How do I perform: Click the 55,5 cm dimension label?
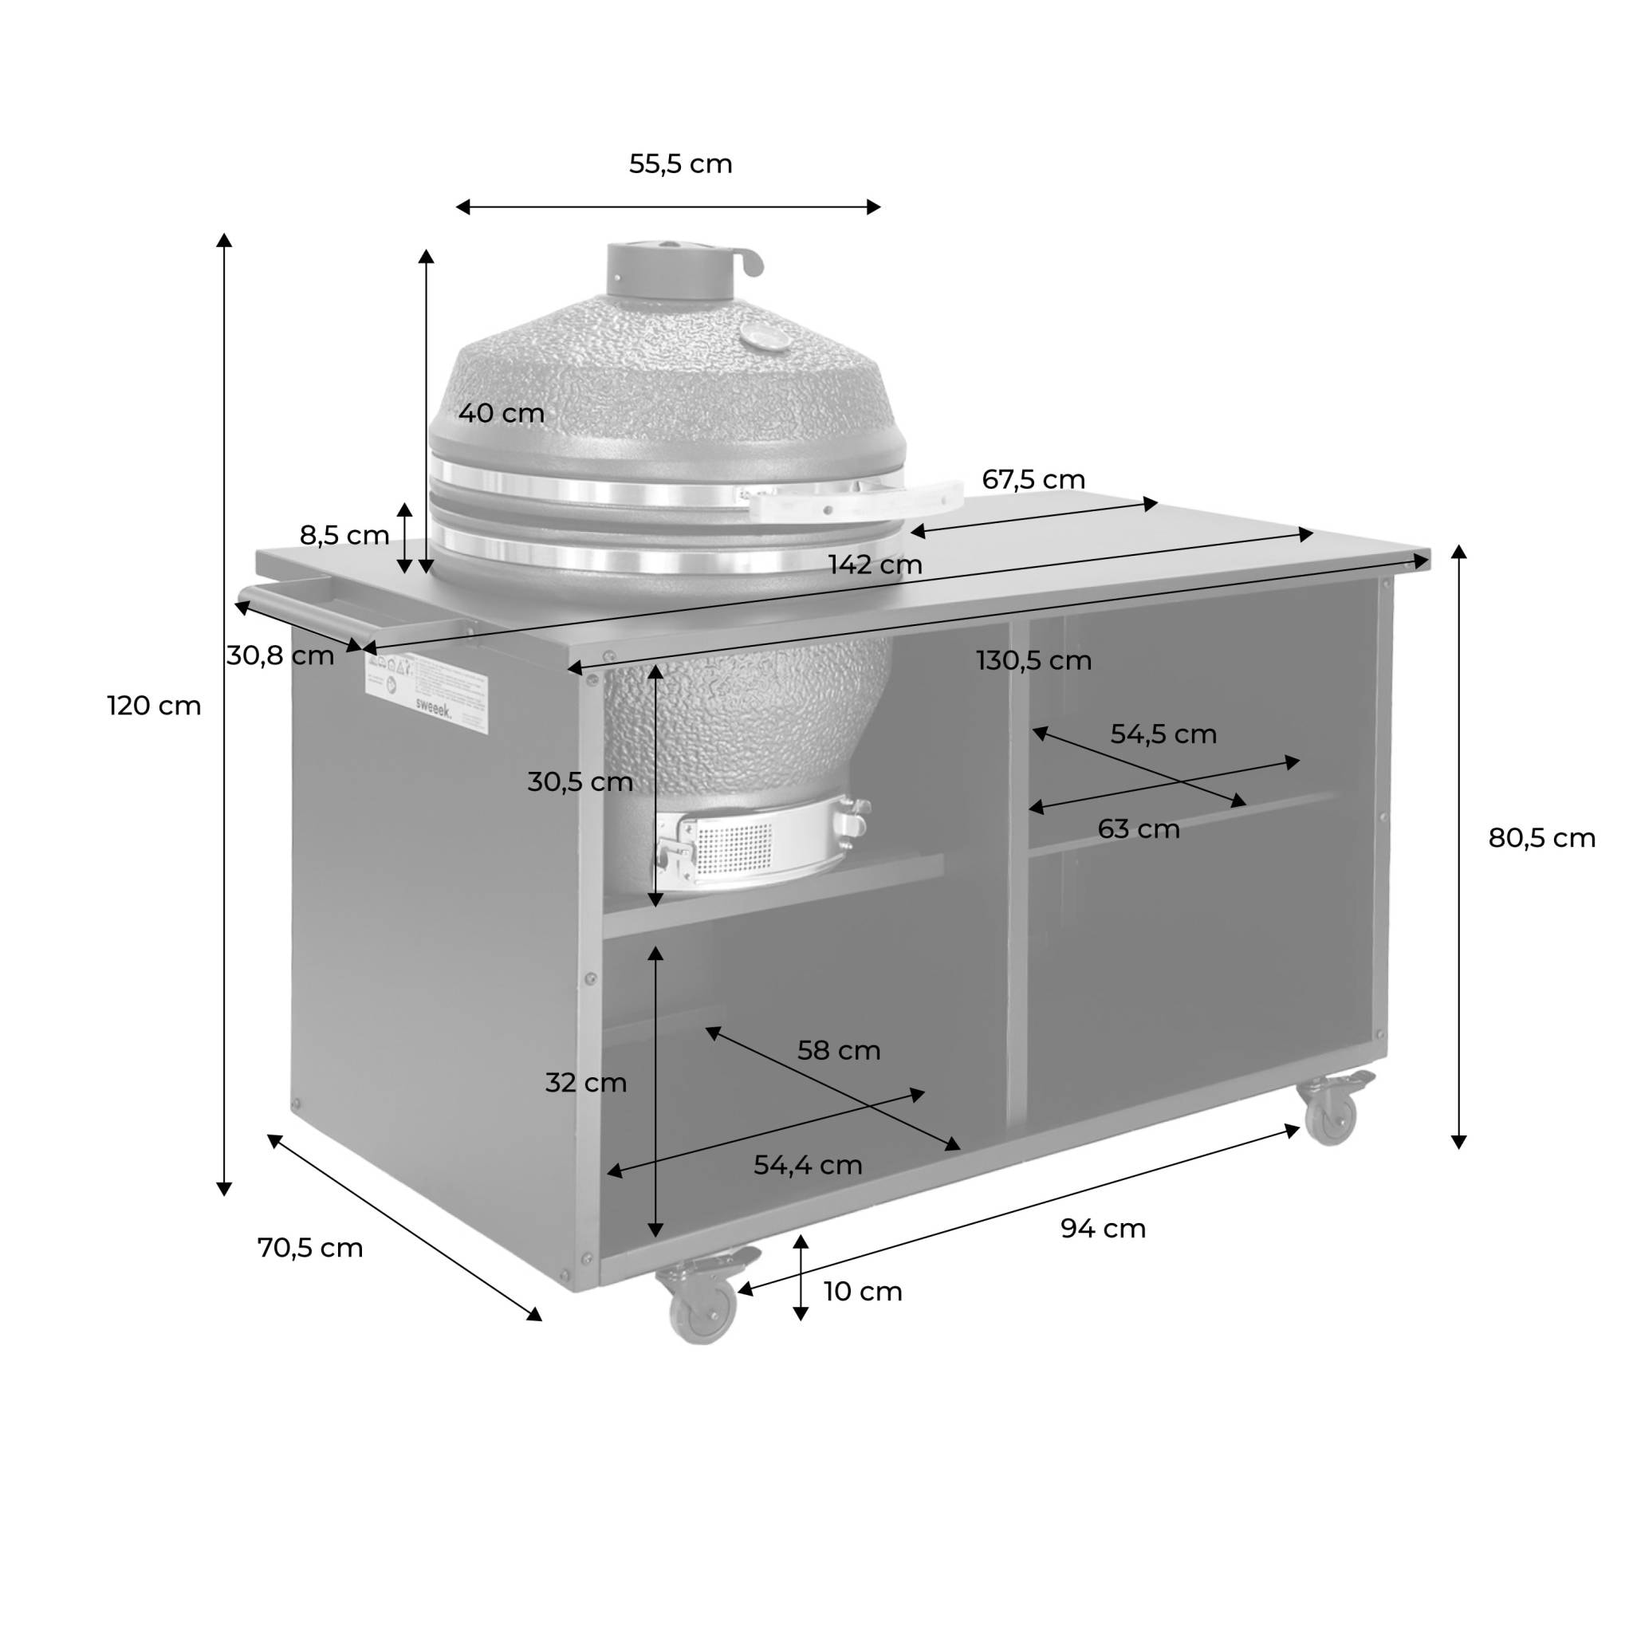680,164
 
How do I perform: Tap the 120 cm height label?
154,706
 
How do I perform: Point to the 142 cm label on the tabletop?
875,564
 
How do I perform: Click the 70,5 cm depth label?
310,1248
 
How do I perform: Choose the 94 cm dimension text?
1103,1228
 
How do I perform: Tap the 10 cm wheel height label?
863,1292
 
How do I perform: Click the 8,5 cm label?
344,535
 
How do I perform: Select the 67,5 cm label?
1033,479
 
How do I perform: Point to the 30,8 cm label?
280,655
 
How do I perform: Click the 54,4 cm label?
808,1166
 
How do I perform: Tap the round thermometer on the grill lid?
762,338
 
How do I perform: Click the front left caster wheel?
701,1308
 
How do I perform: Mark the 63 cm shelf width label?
1138,829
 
